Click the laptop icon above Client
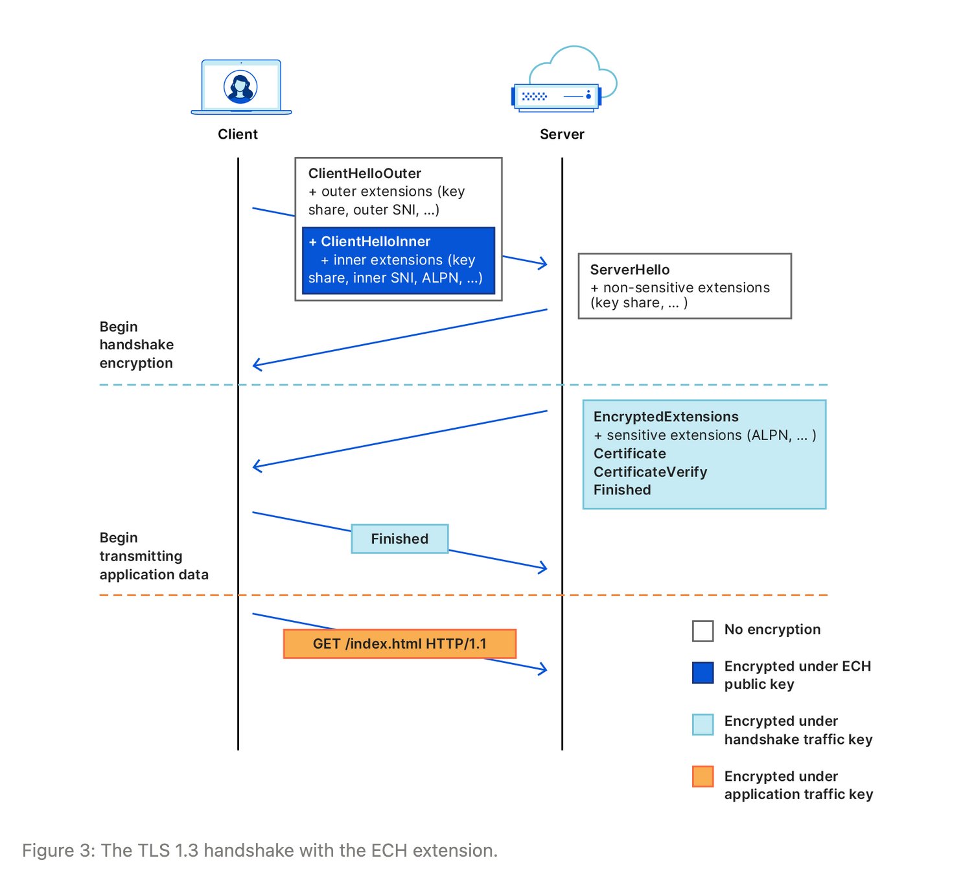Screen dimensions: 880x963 pyautogui.click(x=241, y=87)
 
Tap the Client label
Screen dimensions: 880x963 pyautogui.click(x=238, y=134)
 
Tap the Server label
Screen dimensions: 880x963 pyautogui.click(x=562, y=134)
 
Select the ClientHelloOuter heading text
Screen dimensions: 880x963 pyautogui.click(x=365, y=174)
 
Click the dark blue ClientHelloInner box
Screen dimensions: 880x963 pyautogui.click(x=398, y=260)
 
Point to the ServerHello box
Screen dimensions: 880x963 pyautogui.click(x=684, y=286)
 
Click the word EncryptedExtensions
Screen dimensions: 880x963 pyautogui.click(x=666, y=417)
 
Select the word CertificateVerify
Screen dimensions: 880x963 pyautogui.click(x=650, y=472)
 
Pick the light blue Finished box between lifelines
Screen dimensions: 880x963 pyautogui.click(x=400, y=538)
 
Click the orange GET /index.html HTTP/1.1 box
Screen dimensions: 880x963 pyautogui.click(x=399, y=643)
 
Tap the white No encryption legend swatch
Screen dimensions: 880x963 pyautogui.click(x=702, y=631)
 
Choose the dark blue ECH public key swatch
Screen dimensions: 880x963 pyautogui.click(x=702, y=673)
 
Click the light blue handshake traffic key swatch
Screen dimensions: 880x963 pyautogui.click(x=702, y=724)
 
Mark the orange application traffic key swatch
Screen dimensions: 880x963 pyautogui.click(x=702, y=776)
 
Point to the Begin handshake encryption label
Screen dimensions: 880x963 pyautogui.click(x=136, y=345)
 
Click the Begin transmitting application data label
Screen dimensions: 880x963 pyautogui.click(x=154, y=556)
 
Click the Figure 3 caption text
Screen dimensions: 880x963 pyautogui.click(x=260, y=850)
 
